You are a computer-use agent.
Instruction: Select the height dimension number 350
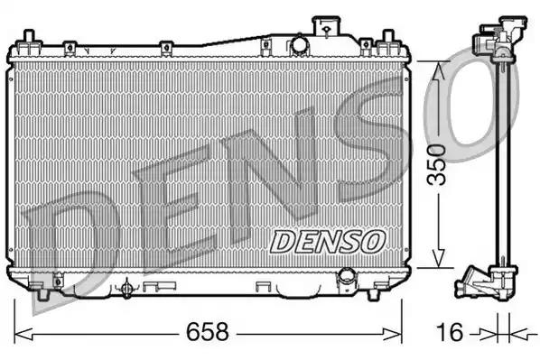pyautogui.click(x=437, y=164)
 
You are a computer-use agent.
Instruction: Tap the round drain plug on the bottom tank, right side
pyautogui.click(x=348, y=277)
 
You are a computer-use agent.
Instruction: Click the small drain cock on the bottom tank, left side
pyautogui.click(x=127, y=288)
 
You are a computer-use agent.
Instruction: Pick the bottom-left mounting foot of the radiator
pyautogui.click(x=41, y=291)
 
